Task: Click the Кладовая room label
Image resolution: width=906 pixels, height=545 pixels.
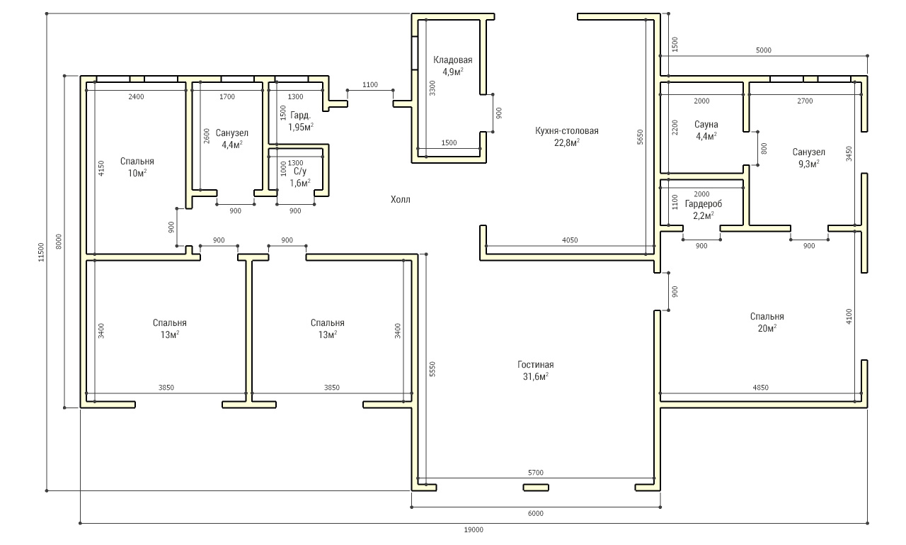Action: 452,66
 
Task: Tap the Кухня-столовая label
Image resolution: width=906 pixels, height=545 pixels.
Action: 567,137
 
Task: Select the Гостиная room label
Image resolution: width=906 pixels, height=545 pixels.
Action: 536,371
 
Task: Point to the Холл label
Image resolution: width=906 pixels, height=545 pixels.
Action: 401,199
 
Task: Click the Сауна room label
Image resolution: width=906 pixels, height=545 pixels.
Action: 706,130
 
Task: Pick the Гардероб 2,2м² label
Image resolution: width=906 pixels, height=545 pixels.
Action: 704,210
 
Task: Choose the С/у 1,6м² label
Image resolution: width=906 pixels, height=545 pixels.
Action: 299,177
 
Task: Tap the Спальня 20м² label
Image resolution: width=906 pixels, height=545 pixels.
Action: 767,322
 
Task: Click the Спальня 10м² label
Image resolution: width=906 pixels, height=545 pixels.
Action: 137,167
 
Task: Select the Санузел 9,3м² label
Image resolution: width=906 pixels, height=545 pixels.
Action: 808,158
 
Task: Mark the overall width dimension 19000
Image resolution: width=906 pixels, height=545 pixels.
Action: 474,529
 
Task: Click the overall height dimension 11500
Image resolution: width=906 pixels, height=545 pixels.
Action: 41,252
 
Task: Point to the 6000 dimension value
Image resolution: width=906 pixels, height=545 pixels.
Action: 536,513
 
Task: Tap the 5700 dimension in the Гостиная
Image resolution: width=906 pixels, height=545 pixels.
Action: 536,473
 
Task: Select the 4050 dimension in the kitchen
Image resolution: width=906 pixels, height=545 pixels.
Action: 570,240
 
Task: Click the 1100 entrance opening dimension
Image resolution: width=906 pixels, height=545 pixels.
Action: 370,84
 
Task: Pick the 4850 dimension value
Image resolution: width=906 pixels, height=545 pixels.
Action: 760,388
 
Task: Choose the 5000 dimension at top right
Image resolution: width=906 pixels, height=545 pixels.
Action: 764,50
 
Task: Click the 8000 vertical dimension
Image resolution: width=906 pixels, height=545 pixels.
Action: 59,242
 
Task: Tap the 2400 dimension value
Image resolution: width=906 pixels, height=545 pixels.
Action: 136,97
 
